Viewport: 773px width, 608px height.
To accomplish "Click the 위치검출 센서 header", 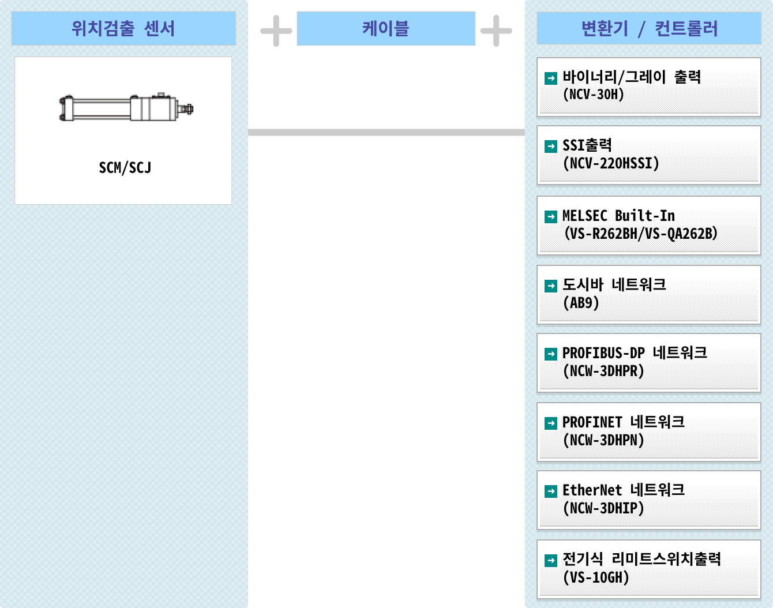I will (x=123, y=28).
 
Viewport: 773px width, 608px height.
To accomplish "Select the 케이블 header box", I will (x=386, y=28).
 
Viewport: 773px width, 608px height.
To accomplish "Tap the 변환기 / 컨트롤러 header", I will (x=649, y=28).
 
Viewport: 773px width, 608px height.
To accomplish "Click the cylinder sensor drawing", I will (x=126, y=108).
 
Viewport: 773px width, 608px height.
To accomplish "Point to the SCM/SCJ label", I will (x=125, y=168).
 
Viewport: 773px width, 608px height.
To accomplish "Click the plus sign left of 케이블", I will (x=276, y=31).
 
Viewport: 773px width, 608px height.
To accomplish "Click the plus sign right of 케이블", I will (x=496, y=31).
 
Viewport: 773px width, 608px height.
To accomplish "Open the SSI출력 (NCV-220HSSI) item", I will (x=648, y=155).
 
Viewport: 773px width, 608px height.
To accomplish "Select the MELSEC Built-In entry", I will (x=648, y=225).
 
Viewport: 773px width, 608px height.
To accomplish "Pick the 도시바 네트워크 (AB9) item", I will (x=648, y=294).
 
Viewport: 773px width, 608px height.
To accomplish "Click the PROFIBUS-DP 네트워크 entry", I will (x=648, y=362).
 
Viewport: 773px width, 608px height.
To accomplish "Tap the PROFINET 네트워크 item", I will (x=648, y=431).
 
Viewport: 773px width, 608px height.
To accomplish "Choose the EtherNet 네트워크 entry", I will (x=648, y=500).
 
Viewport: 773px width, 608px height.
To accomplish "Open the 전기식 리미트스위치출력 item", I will (x=648, y=569).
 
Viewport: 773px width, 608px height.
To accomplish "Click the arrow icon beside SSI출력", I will (x=551, y=147).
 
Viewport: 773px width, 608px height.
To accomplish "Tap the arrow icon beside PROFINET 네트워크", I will (x=551, y=423).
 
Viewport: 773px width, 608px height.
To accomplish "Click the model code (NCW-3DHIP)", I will (x=603, y=508).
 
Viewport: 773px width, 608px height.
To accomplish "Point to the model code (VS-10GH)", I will (x=596, y=577).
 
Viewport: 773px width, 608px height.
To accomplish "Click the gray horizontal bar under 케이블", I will (x=386, y=132).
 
